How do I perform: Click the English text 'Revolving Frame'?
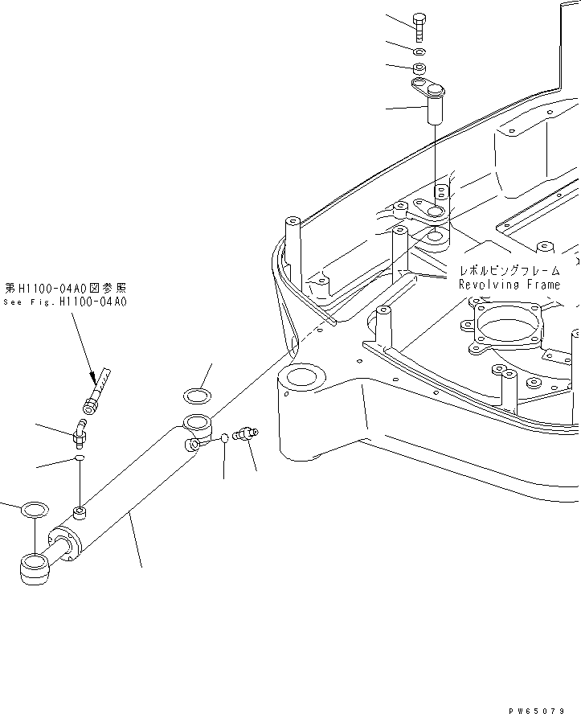pyautogui.click(x=509, y=285)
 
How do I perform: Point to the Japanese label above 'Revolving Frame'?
pyautogui.click(x=509, y=271)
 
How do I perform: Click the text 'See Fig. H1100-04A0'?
pyautogui.click(x=66, y=302)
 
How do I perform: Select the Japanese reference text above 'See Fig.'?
pyautogui.click(x=66, y=287)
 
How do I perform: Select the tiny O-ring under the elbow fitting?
pyautogui.click(x=80, y=458)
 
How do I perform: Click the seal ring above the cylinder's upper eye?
pyautogui.click(x=197, y=395)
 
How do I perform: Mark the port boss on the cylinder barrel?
pyautogui.click(x=80, y=512)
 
